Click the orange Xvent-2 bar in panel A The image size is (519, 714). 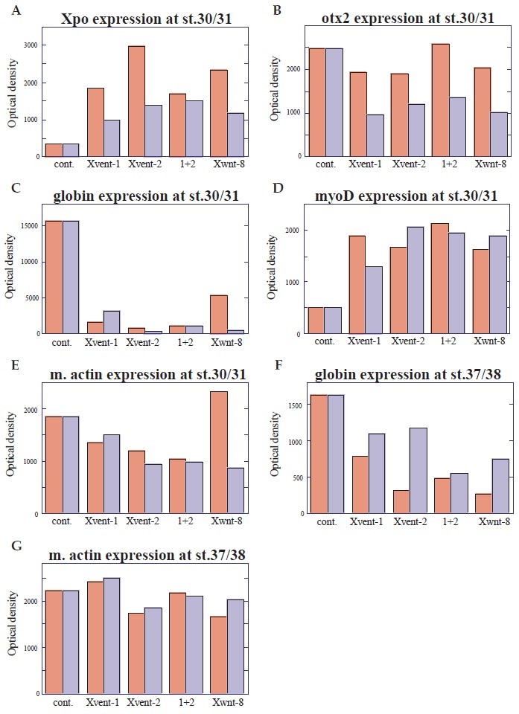pos(136,101)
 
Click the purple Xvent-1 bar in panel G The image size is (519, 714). pos(112,635)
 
